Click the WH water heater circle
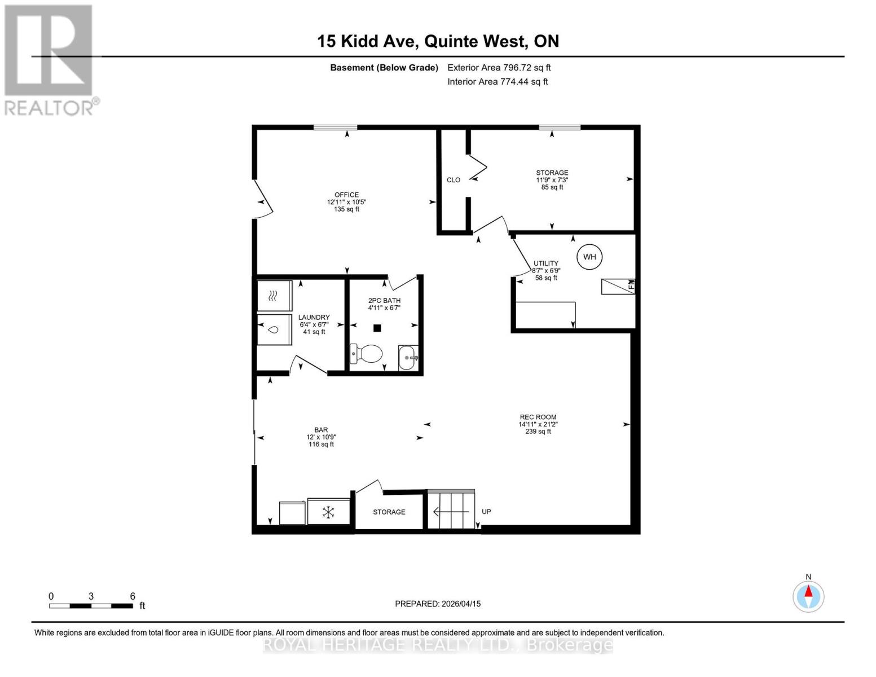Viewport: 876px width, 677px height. (589, 257)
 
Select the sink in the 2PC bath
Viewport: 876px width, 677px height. (408, 357)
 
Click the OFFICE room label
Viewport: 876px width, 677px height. (346, 195)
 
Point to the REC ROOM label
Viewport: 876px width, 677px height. (538, 417)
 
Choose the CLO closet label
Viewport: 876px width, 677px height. (454, 180)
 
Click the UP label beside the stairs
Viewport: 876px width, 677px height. (486, 512)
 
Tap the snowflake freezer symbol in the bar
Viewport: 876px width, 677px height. (328, 512)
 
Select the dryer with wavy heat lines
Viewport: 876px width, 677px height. (274, 295)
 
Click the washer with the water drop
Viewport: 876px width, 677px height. (274, 329)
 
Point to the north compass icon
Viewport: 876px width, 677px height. (808, 596)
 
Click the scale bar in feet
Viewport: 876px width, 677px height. (91, 605)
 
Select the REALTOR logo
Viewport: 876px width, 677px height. (50, 60)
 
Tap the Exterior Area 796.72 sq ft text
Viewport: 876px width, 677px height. (499, 68)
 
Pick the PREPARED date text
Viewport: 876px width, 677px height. (438, 604)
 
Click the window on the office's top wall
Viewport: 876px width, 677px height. (335, 128)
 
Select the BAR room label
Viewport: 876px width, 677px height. (321, 430)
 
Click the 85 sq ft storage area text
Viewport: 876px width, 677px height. (552, 187)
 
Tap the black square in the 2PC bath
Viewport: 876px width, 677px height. (377, 328)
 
